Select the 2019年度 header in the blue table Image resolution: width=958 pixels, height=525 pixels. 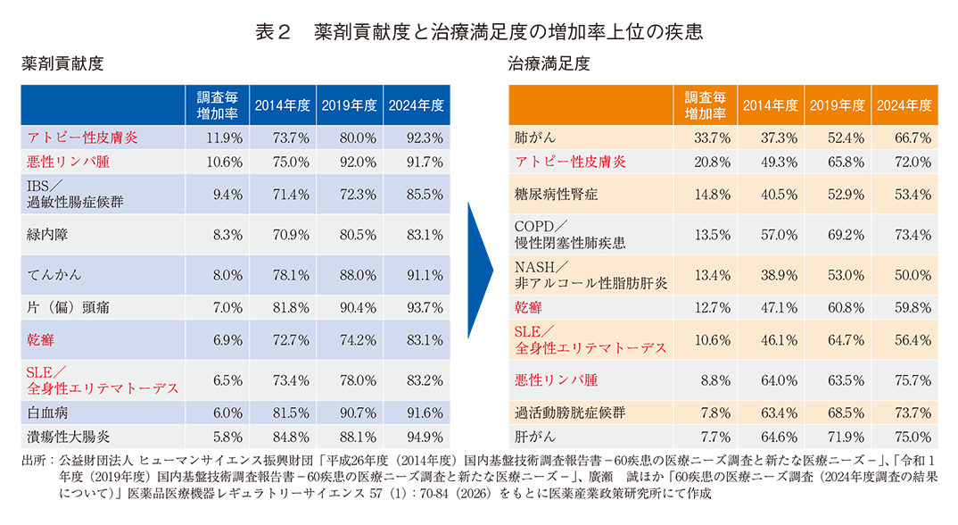(x=349, y=105)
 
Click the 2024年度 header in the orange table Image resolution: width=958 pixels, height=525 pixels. (x=904, y=105)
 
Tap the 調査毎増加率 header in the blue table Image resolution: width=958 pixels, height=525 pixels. (x=217, y=105)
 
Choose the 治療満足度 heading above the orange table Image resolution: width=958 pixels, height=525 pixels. (x=549, y=64)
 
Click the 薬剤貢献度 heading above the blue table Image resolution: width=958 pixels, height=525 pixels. (x=62, y=64)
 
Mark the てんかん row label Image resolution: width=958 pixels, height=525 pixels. (x=54, y=277)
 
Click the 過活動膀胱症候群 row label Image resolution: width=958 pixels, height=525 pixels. (x=569, y=412)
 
